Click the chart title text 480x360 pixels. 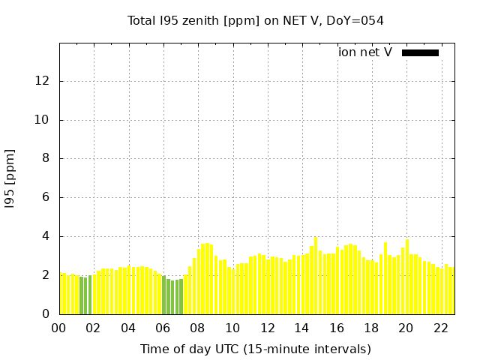[x=255, y=21]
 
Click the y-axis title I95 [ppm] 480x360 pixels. [x=10, y=178]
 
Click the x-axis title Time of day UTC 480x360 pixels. [x=255, y=349]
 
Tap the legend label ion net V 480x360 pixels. [x=365, y=52]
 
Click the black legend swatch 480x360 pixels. [x=420, y=52]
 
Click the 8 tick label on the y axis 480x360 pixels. [x=48, y=159]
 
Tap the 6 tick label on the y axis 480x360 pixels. [x=48, y=198]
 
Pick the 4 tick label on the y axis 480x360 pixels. [x=48, y=236]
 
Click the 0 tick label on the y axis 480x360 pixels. [x=48, y=314]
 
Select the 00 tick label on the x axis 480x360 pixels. [x=59, y=328]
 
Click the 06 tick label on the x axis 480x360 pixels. [x=163, y=328]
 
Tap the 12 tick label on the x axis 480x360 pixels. [x=267, y=328]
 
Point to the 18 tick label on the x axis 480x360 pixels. [x=371, y=328]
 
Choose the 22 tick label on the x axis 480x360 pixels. [x=440, y=328]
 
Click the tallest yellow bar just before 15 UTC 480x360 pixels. [x=316, y=276]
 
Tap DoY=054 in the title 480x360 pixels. [x=358, y=21]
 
